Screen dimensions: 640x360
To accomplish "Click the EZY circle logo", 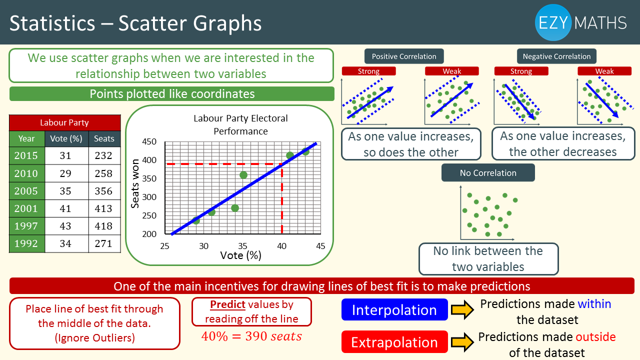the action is [x=553, y=22].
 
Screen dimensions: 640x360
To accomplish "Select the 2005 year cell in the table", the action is [x=26, y=191].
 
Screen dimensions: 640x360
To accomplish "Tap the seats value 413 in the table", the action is [x=103, y=208].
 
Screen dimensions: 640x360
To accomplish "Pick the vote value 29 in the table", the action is [x=65, y=173].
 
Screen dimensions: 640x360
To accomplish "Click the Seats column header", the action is [x=104, y=138].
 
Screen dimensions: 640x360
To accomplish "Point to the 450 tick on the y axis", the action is [x=149, y=141].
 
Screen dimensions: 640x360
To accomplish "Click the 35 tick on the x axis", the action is [x=242, y=245].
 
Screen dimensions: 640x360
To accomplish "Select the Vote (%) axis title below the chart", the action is [x=241, y=255].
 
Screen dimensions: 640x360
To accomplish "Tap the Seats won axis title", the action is [x=135, y=183].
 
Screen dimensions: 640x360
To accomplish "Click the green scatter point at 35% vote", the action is [x=243, y=175].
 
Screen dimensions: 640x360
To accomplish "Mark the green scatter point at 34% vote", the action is [x=235, y=208].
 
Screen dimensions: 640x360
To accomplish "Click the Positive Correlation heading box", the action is [x=404, y=56].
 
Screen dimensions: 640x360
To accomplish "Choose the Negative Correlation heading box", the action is [x=556, y=56].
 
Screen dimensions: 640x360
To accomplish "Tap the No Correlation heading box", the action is [x=488, y=172].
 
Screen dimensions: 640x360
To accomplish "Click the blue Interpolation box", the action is [x=394, y=309].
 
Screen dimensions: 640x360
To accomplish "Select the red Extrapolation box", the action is [x=394, y=342].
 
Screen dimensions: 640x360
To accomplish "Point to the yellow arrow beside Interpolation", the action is [x=462, y=309].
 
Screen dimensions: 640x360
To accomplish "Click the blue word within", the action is [x=594, y=303].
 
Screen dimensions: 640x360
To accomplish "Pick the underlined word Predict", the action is [x=227, y=304].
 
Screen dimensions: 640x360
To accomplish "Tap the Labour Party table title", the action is [x=64, y=122].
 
